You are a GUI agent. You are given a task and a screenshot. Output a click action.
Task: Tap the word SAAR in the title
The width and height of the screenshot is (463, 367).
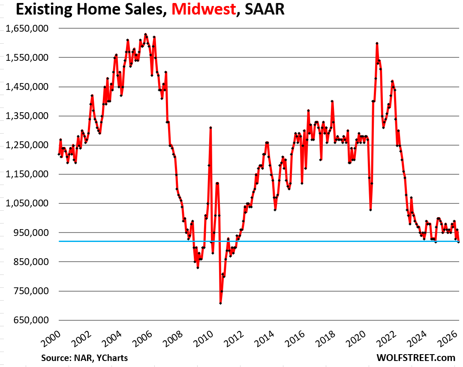point(264,9)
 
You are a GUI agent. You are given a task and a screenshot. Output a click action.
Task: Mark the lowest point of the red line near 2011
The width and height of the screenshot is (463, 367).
point(220,303)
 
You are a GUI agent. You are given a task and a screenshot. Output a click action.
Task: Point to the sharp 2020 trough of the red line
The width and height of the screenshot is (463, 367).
point(370,210)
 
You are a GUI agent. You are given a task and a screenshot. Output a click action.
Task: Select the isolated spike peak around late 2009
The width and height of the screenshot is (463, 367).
point(211,128)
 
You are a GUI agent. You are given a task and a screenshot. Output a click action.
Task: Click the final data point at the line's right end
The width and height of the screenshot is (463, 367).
point(458,242)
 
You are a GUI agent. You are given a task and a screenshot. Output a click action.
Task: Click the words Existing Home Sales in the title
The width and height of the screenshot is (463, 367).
point(84,9)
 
